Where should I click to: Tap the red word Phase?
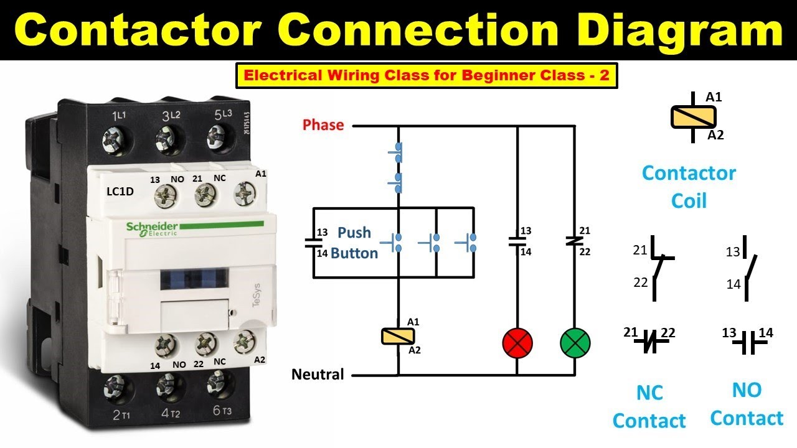pos(323,125)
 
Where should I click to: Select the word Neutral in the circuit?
pos(318,375)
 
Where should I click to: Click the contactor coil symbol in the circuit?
pos(398,337)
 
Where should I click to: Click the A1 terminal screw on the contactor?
pos(245,195)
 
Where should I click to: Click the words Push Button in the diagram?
pos(354,243)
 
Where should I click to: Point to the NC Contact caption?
pos(649,407)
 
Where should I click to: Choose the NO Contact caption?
pos(746,404)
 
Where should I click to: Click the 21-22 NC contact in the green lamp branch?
pos(574,240)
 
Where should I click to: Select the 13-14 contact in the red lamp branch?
pos(517,241)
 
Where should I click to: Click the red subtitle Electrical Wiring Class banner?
pos(426,76)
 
